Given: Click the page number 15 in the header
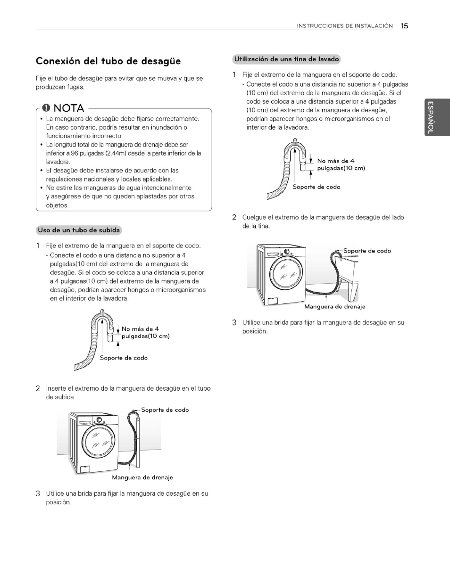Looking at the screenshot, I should pyautogui.click(x=404, y=26).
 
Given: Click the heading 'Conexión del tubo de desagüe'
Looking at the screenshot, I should pyautogui.click(x=108, y=61).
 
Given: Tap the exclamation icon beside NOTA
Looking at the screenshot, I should pyautogui.click(x=46, y=108).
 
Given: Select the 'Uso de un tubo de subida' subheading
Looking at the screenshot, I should pyautogui.click(x=79, y=230).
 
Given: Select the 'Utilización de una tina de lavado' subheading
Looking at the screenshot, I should pyautogui.click(x=286, y=59).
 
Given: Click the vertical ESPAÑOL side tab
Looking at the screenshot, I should pyautogui.click(x=430, y=118).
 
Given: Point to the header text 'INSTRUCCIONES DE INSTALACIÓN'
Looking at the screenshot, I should pyautogui.click(x=344, y=26).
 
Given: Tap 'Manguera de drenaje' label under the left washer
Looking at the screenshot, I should pyautogui.click(x=142, y=477).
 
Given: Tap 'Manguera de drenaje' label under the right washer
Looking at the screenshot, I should pyautogui.click(x=334, y=307).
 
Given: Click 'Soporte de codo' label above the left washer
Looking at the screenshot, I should pyautogui.click(x=165, y=410).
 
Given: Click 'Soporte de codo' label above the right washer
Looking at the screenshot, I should pyautogui.click(x=367, y=251).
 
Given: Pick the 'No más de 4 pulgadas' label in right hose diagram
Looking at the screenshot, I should pyautogui.click(x=341, y=164).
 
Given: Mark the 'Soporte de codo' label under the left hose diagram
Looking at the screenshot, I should pyautogui.click(x=124, y=358).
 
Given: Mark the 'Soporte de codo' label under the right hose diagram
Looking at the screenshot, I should pyautogui.click(x=316, y=187).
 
